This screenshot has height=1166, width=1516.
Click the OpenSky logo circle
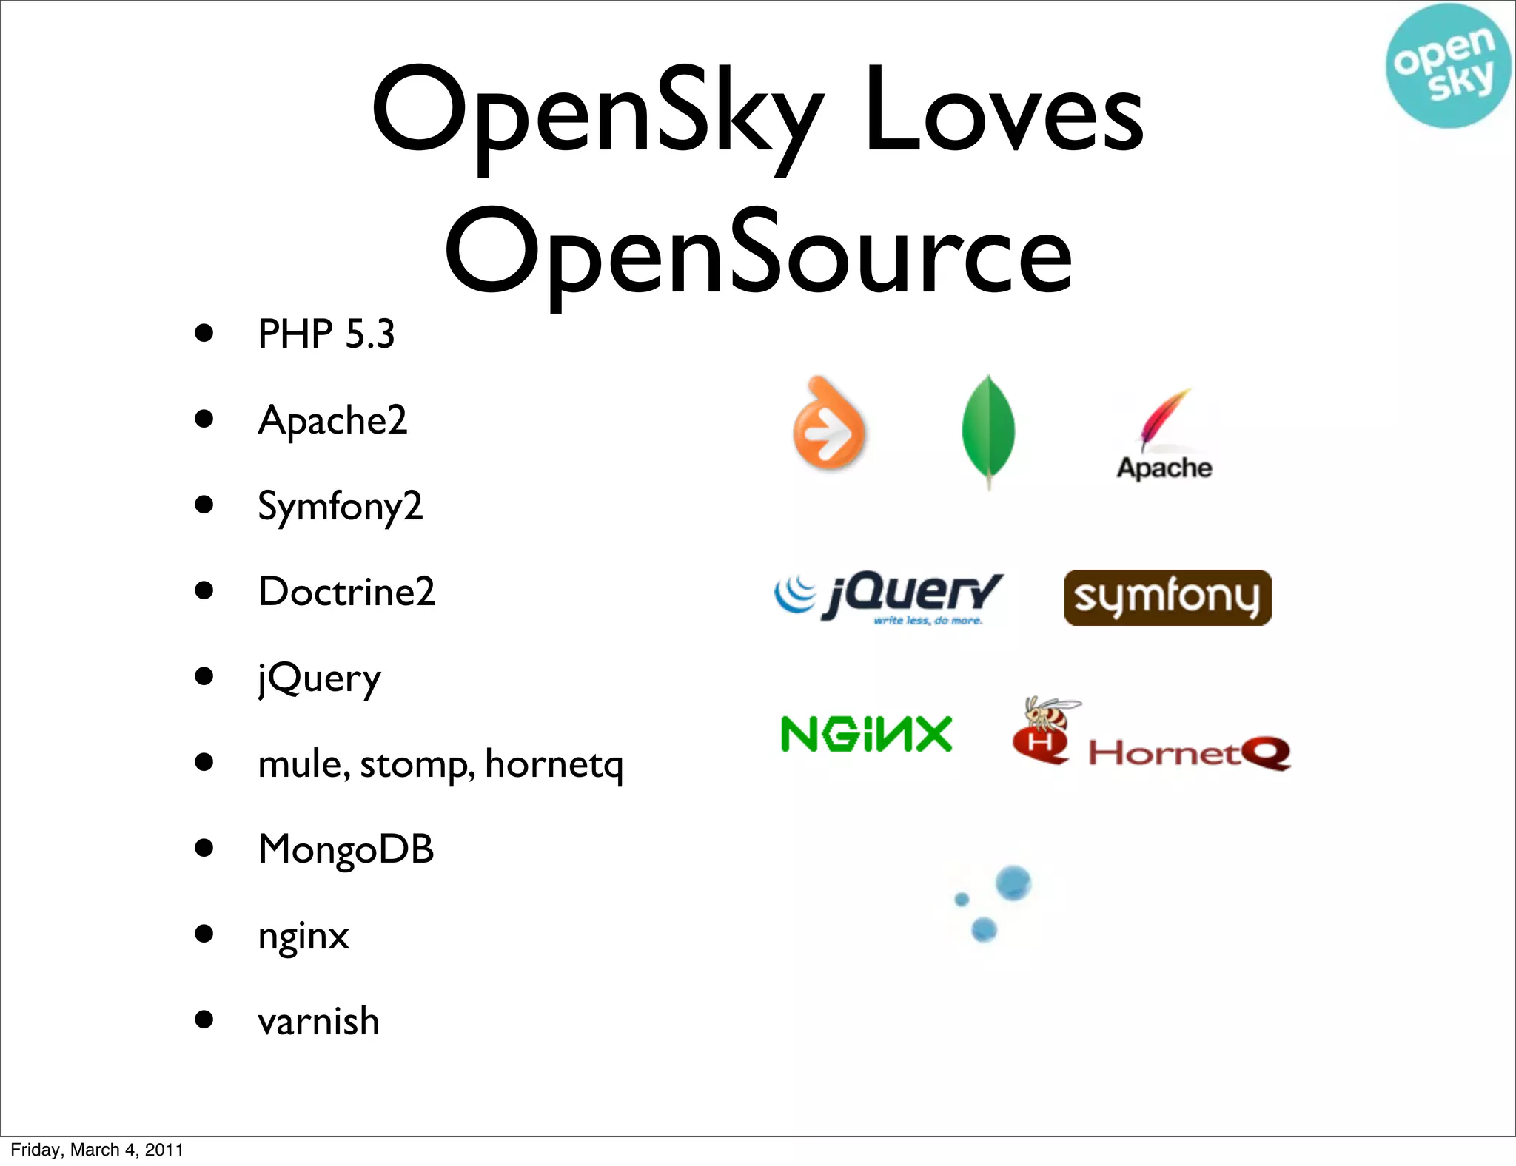(x=1446, y=65)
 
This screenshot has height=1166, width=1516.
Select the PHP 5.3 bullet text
(x=326, y=334)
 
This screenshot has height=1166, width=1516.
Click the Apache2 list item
(x=332, y=420)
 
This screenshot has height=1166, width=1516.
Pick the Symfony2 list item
(x=340, y=507)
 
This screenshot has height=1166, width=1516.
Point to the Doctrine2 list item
(x=346, y=592)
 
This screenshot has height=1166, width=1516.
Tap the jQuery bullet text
(x=319, y=678)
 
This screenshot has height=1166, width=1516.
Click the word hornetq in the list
(x=554, y=764)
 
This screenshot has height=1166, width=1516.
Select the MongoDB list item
(x=346, y=849)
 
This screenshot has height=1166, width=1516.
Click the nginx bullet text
(x=303, y=937)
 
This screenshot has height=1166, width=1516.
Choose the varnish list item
(x=318, y=1022)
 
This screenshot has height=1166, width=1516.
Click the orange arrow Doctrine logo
(x=828, y=425)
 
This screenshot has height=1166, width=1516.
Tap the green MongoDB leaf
(x=988, y=431)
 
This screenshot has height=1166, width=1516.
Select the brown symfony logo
(x=1167, y=597)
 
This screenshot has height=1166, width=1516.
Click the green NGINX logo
(x=866, y=734)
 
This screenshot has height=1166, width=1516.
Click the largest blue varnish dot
(x=1013, y=883)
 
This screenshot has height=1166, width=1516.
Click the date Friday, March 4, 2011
(x=97, y=1150)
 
